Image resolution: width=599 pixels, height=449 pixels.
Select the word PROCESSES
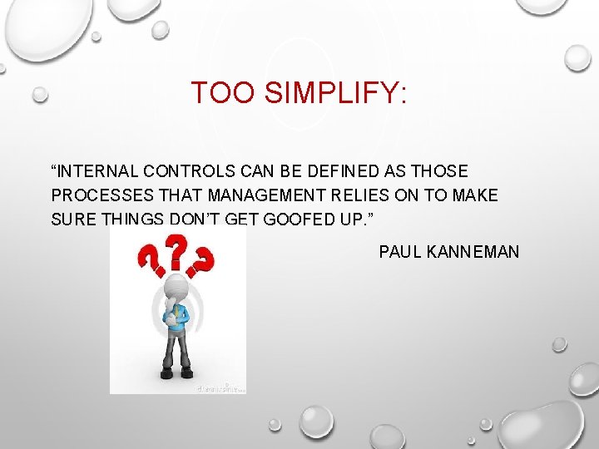97,195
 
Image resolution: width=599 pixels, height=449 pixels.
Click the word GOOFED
312,220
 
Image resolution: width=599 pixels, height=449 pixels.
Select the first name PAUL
399,251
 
